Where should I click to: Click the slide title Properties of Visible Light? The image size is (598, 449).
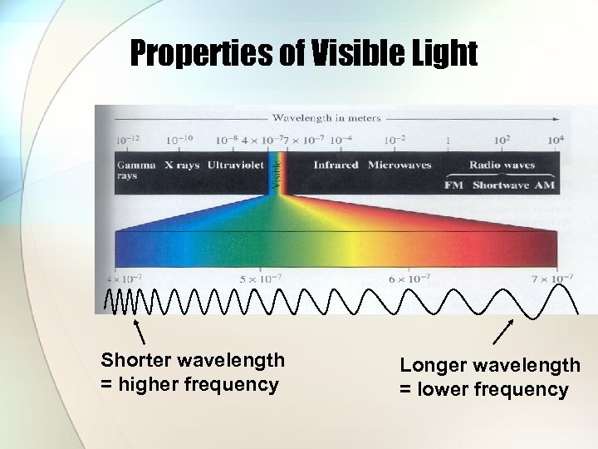tap(303, 55)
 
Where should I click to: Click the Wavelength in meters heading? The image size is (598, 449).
tap(326, 118)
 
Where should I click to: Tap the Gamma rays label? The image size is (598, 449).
tap(135, 170)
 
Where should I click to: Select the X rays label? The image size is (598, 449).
tap(181, 165)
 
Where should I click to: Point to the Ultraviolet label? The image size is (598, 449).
tap(236, 165)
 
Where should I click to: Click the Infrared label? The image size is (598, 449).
tap(336, 165)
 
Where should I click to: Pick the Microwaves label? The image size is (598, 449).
tap(399, 165)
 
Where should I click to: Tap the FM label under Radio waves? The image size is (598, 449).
tap(453, 185)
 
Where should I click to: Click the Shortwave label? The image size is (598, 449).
tap(500, 185)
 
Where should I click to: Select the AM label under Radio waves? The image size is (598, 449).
tap(544, 185)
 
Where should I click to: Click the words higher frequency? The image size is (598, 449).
tap(199, 384)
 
